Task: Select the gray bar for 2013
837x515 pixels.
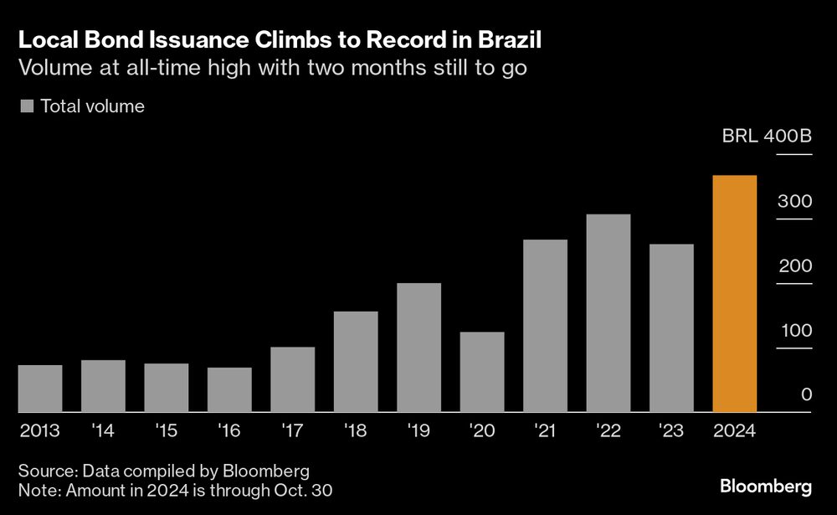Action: click(x=40, y=389)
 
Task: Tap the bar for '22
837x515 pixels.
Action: click(x=608, y=313)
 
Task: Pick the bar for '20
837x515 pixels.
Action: click(x=482, y=372)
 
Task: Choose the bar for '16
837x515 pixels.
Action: click(x=229, y=389)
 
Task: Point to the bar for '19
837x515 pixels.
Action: click(x=418, y=348)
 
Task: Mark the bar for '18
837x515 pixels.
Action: click(x=356, y=362)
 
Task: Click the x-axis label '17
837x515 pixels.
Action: click(x=292, y=431)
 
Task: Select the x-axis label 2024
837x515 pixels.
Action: click(x=734, y=431)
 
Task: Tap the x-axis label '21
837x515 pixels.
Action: click(x=545, y=431)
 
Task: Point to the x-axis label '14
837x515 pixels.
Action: click(x=103, y=431)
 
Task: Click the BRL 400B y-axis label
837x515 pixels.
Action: click(x=767, y=136)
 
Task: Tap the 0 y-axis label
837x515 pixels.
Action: click(x=807, y=394)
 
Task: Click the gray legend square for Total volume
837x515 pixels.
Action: click(x=26, y=106)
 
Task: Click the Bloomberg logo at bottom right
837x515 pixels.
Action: click(x=766, y=487)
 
